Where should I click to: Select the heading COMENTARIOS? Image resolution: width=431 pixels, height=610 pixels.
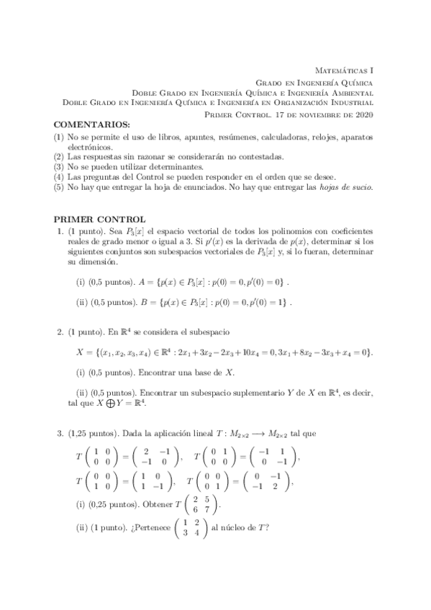point(87,126)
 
